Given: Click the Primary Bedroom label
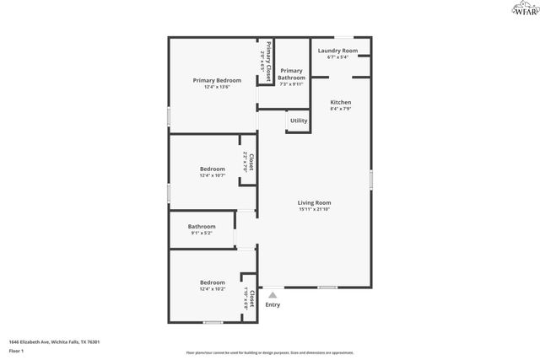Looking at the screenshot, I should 217,81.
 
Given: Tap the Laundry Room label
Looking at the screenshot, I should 337,51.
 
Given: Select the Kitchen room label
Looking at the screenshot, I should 341,102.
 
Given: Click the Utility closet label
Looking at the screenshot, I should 299,121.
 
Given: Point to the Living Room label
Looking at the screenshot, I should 314,202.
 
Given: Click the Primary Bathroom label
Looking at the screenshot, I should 291,74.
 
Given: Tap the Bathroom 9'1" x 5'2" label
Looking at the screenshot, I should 202,226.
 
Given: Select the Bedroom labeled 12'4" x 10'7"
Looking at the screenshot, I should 213,169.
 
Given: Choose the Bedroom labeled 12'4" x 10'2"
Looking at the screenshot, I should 213,282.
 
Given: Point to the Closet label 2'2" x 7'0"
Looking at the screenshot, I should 248,161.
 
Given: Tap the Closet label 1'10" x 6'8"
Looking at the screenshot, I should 249,299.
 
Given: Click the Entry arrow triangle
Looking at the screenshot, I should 273,295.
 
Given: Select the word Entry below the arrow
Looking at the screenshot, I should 273,305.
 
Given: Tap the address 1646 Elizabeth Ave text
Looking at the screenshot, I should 55,341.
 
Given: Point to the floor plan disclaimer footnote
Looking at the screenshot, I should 270,352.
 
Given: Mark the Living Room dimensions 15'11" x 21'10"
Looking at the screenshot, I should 314,209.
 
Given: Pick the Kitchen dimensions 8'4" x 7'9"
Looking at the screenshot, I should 341,109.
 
